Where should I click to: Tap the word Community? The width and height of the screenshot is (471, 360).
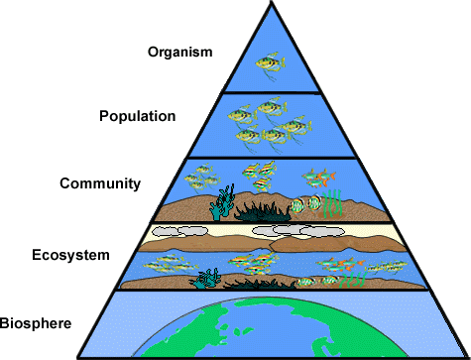(101, 183)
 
